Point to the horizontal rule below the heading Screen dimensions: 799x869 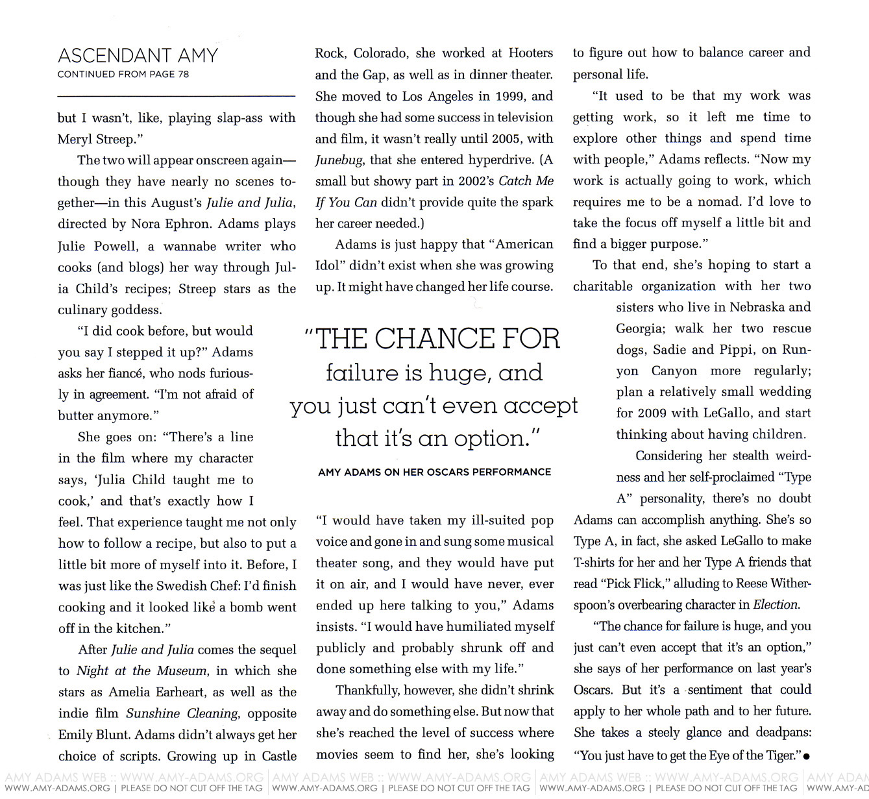(176, 96)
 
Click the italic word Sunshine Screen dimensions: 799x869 (154, 713)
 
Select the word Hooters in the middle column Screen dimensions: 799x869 (530, 53)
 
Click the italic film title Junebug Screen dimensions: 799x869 (339, 160)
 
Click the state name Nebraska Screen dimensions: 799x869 (756, 308)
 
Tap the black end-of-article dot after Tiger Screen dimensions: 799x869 (806, 757)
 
